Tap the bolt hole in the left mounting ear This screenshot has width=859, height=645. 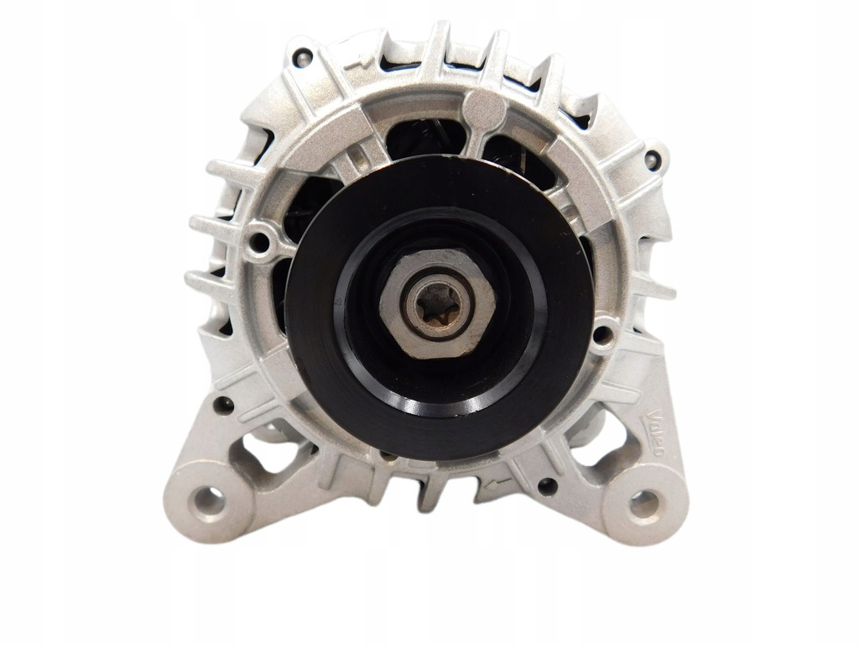point(207,501)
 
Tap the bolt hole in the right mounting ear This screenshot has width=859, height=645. point(643,503)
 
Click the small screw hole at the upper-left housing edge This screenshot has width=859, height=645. point(303,57)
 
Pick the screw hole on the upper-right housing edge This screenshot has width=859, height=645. point(651,160)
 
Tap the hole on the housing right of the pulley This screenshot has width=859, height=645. point(601,335)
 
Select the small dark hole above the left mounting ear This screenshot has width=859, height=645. point(222,405)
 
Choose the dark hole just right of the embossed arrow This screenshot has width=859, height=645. point(546,485)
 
